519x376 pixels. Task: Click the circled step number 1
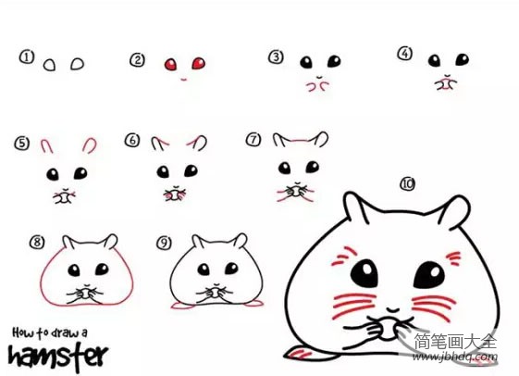[27, 57]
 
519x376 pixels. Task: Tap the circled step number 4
[405, 54]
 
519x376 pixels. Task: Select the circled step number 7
[253, 139]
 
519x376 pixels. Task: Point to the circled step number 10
[408, 183]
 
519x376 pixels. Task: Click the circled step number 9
[164, 243]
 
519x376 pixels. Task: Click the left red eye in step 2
[171, 64]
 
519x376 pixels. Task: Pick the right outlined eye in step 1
[77, 64]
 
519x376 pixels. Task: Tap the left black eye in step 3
[306, 62]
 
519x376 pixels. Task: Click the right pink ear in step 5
[90, 145]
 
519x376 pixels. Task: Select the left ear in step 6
[159, 143]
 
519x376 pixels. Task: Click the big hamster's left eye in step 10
[365, 273]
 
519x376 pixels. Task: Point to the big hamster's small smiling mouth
[393, 310]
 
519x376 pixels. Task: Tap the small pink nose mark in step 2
[184, 80]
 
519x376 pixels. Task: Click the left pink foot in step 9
[181, 306]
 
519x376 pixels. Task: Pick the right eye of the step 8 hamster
[102, 269]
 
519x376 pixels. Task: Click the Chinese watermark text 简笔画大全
[455, 341]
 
